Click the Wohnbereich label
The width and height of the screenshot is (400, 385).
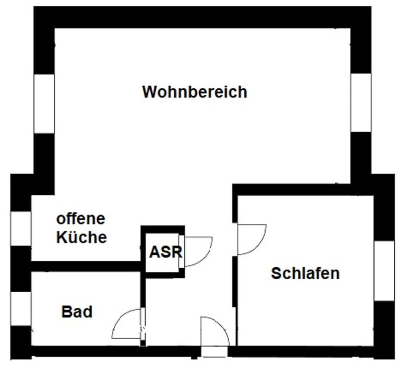pos(195,92)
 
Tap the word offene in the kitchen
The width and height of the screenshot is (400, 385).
pos(81,218)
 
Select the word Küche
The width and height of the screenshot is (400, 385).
pos(82,237)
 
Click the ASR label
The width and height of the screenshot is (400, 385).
pos(165,252)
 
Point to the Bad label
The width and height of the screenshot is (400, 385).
pos(77,312)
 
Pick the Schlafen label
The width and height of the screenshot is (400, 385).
pos(305,273)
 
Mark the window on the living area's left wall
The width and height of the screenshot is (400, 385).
pos(44,103)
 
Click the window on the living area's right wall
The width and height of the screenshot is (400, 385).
pos(361,103)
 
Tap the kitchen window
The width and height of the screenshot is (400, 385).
pos(21,228)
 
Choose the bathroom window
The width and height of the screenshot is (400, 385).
pos(21,308)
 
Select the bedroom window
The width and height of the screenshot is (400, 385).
pos(384,271)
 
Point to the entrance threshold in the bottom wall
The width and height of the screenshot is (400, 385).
pos(214,352)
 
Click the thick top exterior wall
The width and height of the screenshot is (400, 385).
pos(202,17)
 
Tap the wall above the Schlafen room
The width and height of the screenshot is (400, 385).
pos(302,190)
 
